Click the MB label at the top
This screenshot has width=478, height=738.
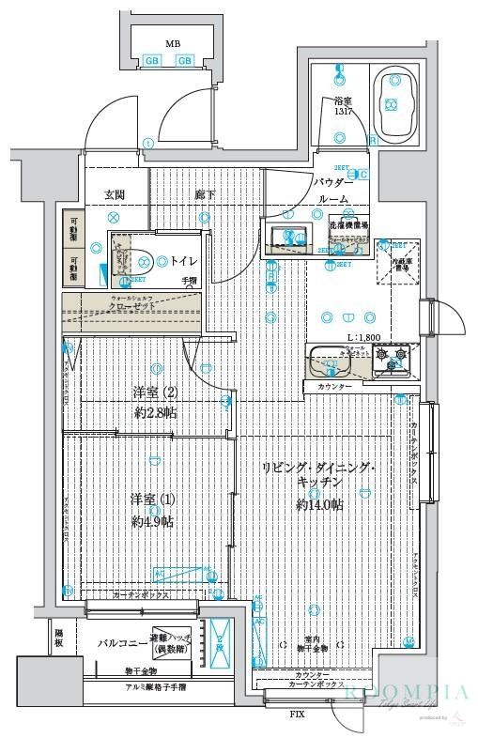pyautogui.click(x=173, y=43)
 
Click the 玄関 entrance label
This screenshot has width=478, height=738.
pyautogui.click(x=114, y=194)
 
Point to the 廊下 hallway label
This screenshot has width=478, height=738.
pyautogui.click(x=203, y=194)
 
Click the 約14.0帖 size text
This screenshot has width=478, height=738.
pyautogui.click(x=319, y=505)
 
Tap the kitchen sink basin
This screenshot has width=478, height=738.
pyautogui.click(x=328, y=359)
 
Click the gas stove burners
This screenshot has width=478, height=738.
pyautogui.click(x=391, y=358)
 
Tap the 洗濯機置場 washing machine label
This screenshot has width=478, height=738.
pyautogui.click(x=348, y=226)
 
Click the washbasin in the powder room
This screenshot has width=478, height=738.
pyautogui.click(x=285, y=236)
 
